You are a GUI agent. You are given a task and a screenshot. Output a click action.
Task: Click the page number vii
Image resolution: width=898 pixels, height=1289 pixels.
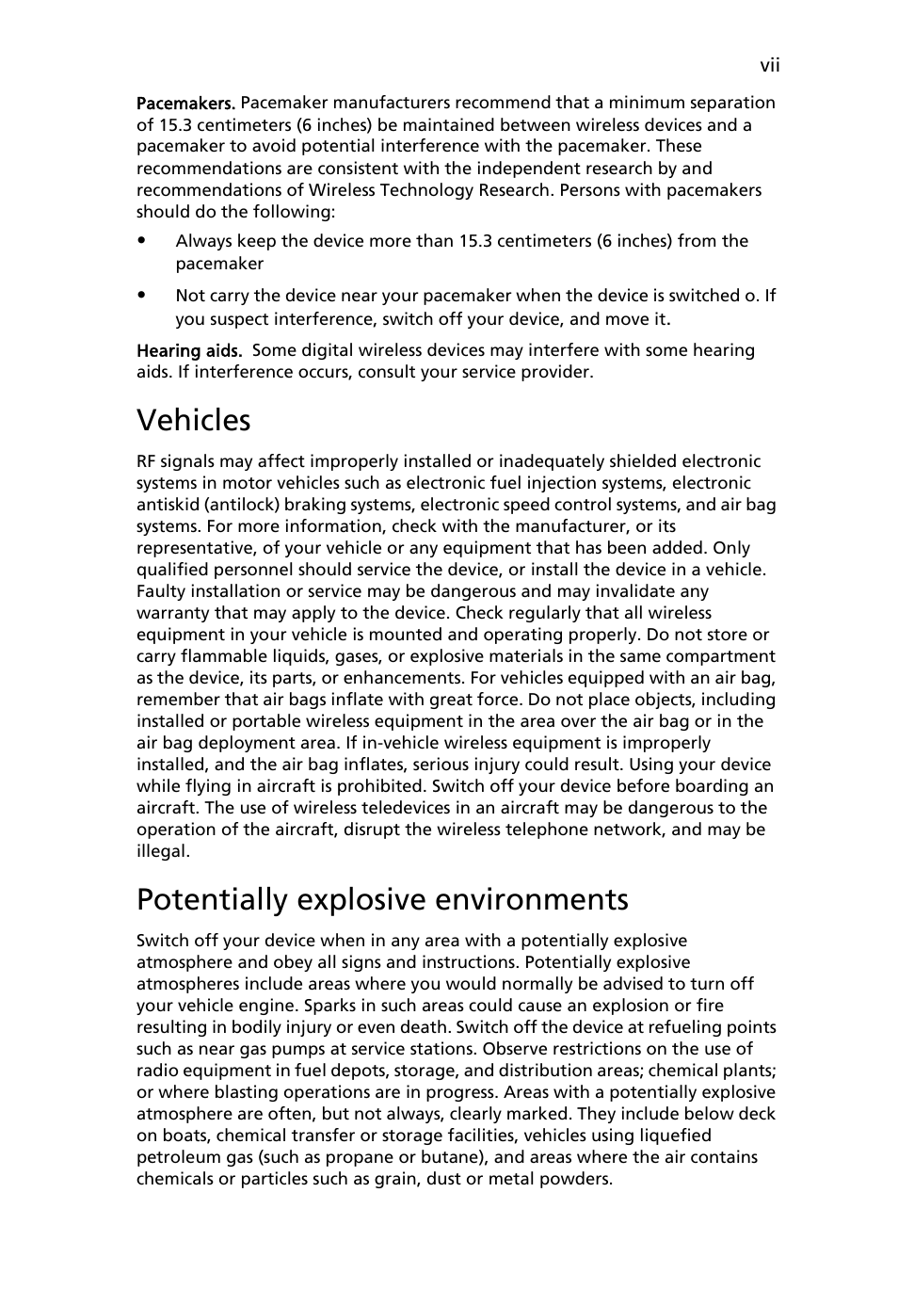(x=770, y=65)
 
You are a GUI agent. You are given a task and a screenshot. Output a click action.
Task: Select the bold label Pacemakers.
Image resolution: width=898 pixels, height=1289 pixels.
(x=185, y=103)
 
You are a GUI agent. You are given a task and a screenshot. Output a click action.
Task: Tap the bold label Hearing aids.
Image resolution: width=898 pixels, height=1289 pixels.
(x=189, y=350)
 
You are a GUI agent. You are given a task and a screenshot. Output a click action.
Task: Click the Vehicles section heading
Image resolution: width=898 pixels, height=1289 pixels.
(x=193, y=419)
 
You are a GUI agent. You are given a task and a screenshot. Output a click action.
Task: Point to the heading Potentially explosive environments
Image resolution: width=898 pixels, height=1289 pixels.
(x=381, y=899)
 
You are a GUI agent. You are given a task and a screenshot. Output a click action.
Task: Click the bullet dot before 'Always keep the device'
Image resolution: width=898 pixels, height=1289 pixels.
(x=141, y=241)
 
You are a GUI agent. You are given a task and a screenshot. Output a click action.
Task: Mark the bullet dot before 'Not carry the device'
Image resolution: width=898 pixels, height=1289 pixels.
(x=141, y=296)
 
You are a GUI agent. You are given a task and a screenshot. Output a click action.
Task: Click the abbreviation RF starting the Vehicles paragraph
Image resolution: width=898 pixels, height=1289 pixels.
(x=147, y=461)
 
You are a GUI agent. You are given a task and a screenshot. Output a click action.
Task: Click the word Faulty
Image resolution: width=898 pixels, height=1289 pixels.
(x=161, y=591)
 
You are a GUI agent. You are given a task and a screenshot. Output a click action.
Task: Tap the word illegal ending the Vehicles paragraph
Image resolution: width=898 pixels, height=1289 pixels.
(x=162, y=851)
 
